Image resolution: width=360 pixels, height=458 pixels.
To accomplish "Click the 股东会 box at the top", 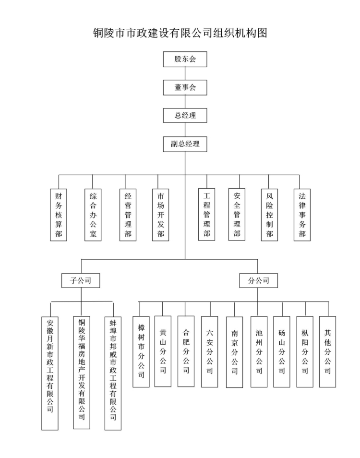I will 185,60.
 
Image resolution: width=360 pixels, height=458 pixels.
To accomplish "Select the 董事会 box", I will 185,87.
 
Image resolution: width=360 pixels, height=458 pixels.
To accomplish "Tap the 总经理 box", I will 185,116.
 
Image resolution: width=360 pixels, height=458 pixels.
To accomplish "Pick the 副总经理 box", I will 185,144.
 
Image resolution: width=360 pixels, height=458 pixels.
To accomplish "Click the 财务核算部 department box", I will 58,215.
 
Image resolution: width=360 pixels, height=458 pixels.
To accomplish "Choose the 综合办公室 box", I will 93,215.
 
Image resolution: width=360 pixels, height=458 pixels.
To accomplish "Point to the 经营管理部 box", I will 127,215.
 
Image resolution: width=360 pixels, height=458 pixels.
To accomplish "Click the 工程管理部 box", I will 207,215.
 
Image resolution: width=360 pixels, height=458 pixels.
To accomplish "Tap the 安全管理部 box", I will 237,215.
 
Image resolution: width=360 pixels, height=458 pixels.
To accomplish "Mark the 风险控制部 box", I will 269,215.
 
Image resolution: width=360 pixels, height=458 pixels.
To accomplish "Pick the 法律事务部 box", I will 302,215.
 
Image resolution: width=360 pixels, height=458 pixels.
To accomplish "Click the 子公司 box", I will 81,280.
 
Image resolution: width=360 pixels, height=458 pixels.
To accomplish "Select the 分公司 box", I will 258,280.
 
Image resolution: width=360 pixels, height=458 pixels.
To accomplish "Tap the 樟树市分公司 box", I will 141,352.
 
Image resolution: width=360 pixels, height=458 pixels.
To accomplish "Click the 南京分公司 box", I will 234,352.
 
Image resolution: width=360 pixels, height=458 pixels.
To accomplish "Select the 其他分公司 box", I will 327,351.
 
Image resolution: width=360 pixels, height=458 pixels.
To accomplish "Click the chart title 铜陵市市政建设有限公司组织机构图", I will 180,33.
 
